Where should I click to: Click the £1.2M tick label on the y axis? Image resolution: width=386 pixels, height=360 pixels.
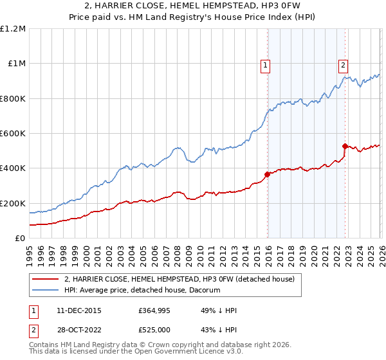click(13, 29)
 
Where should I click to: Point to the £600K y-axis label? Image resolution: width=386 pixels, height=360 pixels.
click(13, 134)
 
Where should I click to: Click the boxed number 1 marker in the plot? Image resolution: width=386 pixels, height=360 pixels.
click(265, 64)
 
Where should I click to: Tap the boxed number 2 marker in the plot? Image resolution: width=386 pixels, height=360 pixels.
click(344, 64)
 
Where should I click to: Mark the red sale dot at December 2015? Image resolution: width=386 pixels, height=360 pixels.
click(267, 174)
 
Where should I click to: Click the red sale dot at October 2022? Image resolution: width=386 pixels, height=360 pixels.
click(345, 146)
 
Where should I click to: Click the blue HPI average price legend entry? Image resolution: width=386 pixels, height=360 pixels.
click(142, 290)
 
